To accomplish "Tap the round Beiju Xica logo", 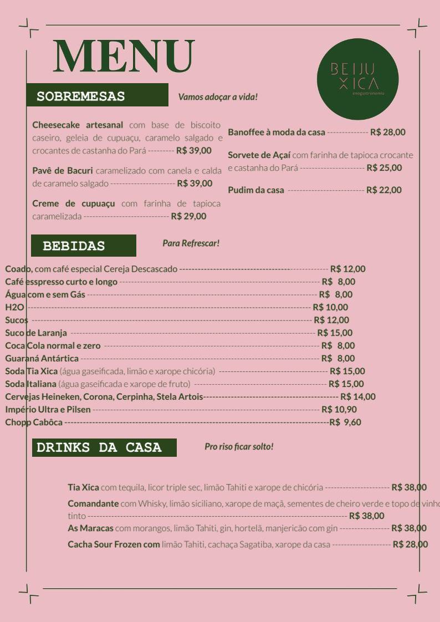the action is coord(357,79).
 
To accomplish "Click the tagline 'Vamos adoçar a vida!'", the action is coord(218,97).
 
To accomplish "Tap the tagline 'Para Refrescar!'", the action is coord(191,243).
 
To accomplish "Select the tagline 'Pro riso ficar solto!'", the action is coord(239,446).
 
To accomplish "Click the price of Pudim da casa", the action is coord(383,190).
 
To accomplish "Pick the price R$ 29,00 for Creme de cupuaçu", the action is coord(188,216).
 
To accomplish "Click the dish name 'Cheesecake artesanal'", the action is coord(78,125).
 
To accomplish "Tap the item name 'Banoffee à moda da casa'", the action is coord(277,132).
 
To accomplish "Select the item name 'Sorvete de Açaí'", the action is coord(259,155).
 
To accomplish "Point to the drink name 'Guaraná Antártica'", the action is coord(42,359).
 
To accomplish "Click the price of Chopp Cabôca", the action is coord(345,422).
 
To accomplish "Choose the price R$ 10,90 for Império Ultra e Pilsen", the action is coord(339,410).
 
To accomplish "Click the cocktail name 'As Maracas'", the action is coord(90,528).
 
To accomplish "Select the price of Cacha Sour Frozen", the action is coord(410,544).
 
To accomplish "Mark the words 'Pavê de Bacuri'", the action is coord(62,170).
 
